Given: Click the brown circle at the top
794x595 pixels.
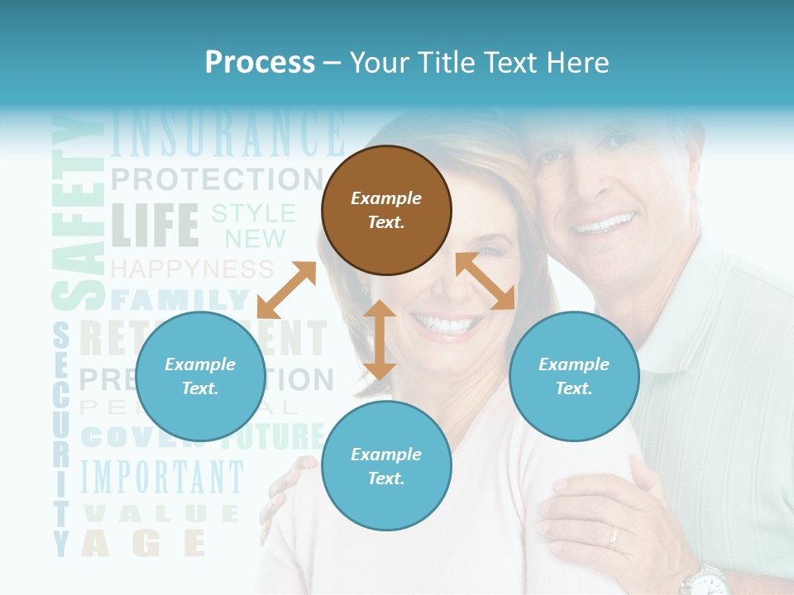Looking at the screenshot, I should [386, 211].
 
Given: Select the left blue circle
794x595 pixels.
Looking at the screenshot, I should [200, 377].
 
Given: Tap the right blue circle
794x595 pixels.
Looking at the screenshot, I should [574, 377].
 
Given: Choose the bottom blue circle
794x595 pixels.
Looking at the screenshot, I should [386, 467].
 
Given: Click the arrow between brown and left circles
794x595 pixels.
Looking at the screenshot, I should [286, 290].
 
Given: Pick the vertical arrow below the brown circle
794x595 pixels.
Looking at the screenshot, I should [380, 340].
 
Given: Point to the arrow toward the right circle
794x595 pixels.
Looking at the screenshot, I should [485, 281].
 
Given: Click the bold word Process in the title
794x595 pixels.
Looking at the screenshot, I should [260, 63].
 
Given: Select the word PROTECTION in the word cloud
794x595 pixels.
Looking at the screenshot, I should [217, 178].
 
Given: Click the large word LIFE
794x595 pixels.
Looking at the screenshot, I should [155, 225].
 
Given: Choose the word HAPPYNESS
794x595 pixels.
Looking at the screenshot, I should [192, 269].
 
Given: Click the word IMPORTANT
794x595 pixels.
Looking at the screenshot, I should [162, 477].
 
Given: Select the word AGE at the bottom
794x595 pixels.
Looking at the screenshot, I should [142, 543].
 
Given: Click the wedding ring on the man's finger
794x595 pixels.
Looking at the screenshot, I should [613, 538].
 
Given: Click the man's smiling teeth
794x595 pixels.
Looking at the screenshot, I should [606, 223].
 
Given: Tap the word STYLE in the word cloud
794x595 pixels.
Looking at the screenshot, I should [254, 213].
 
